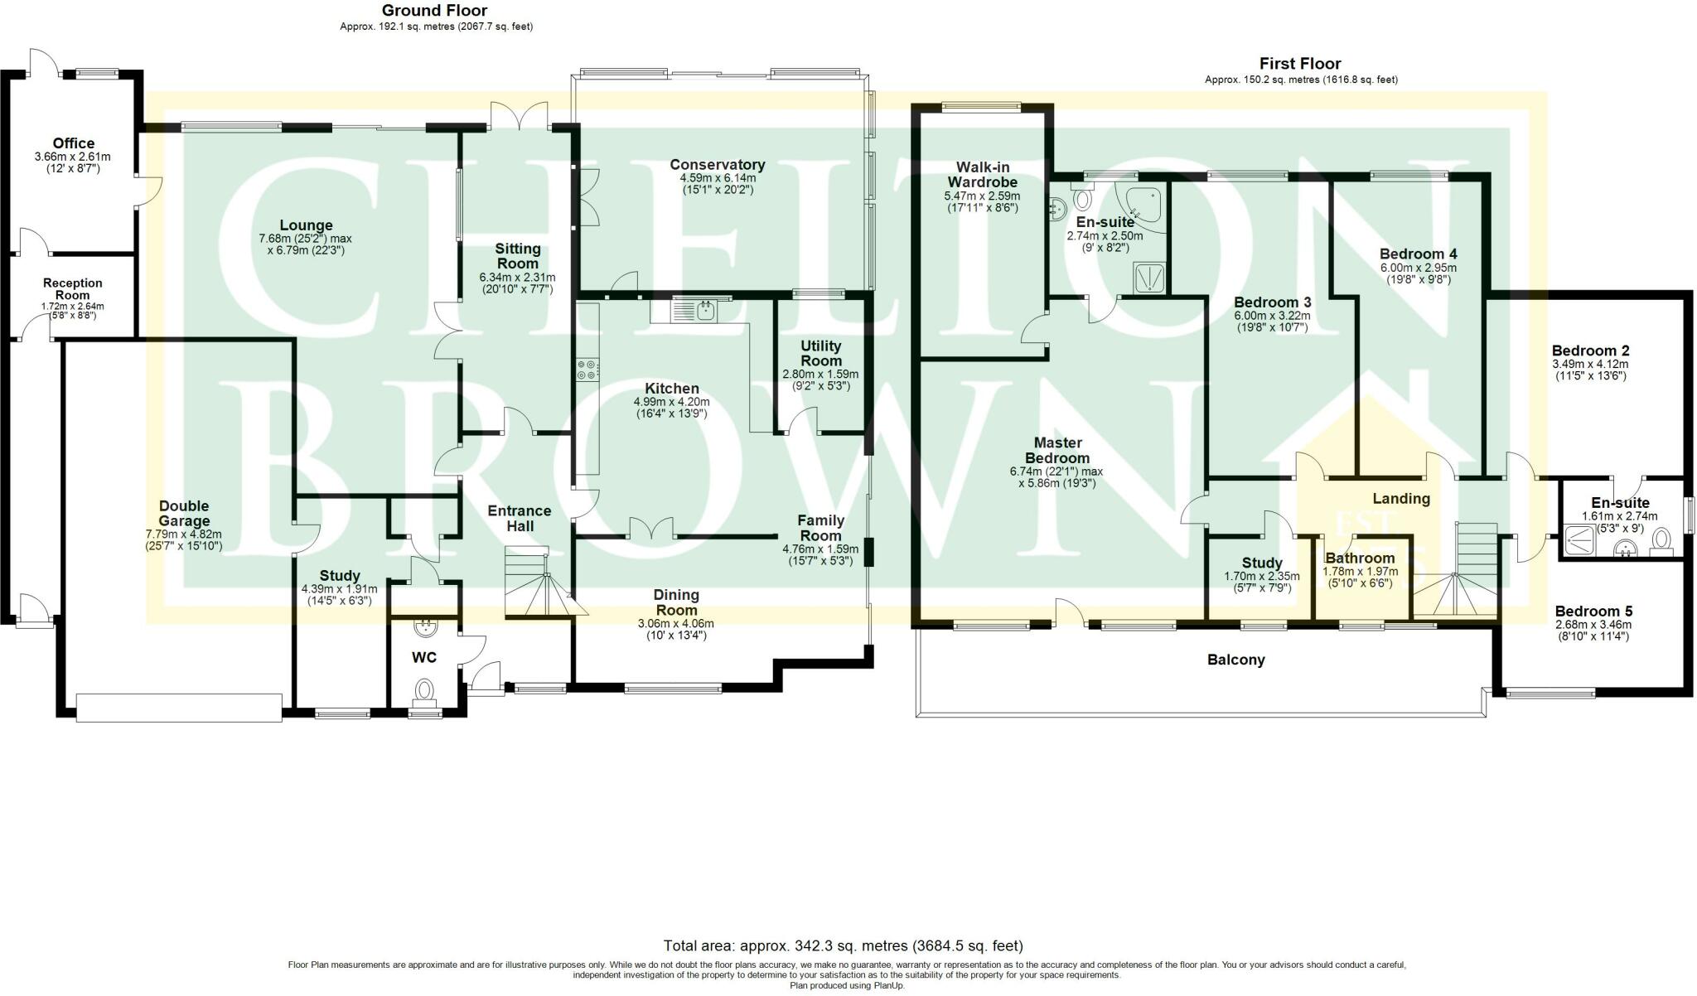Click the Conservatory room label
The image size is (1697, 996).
tap(717, 165)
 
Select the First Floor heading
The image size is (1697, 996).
tap(1300, 64)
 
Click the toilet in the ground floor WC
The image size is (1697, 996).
tap(425, 691)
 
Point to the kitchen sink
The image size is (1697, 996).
tap(696, 311)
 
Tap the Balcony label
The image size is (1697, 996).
tap(1235, 660)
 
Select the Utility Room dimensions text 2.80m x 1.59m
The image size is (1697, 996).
tap(821, 374)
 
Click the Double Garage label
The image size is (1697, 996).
tap(184, 514)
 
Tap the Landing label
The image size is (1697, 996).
tap(1401, 499)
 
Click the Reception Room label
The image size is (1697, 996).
tap(73, 289)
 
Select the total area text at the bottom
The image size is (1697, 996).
tap(844, 945)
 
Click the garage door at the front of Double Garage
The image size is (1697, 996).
tap(178, 708)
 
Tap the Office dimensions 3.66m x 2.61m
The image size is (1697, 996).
tap(73, 157)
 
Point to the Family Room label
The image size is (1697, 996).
tap(820, 528)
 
